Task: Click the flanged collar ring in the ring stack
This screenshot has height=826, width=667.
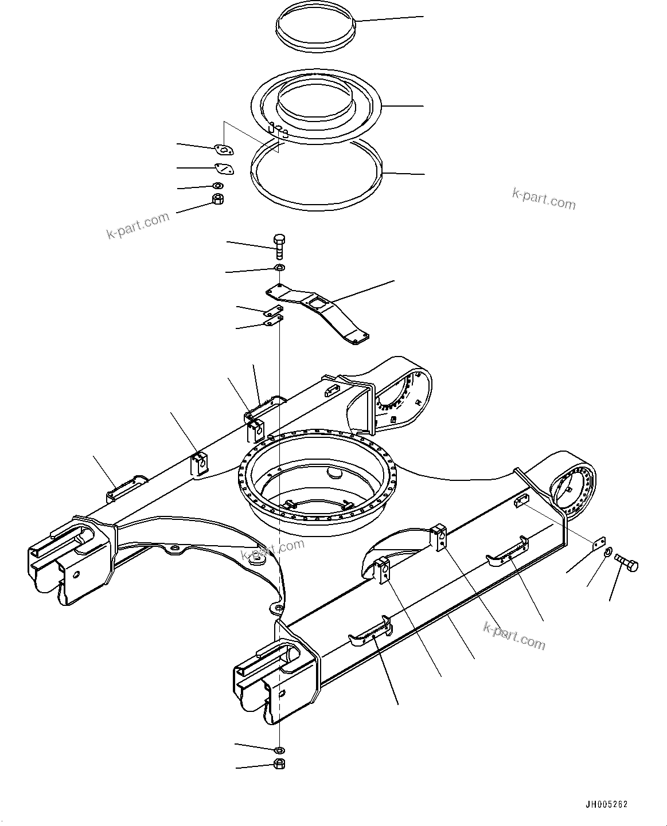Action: click(x=317, y=106)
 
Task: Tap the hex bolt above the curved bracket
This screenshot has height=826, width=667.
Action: click(x=280, y=247)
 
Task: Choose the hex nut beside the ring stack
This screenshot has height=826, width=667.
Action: click(x=218, y=199)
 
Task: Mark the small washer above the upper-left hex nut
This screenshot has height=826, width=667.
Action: click(x=218, y=186)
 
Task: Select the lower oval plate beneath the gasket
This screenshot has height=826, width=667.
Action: click(x=224, y=169)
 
